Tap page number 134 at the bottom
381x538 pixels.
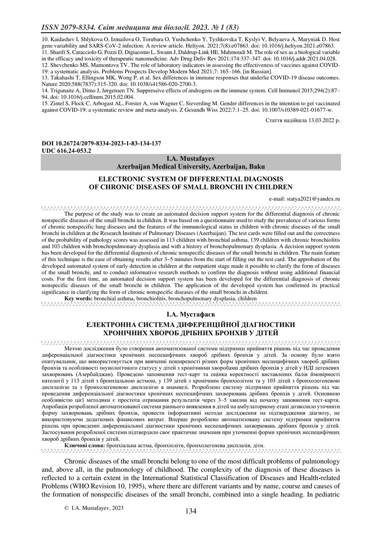tap(190, 511)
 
